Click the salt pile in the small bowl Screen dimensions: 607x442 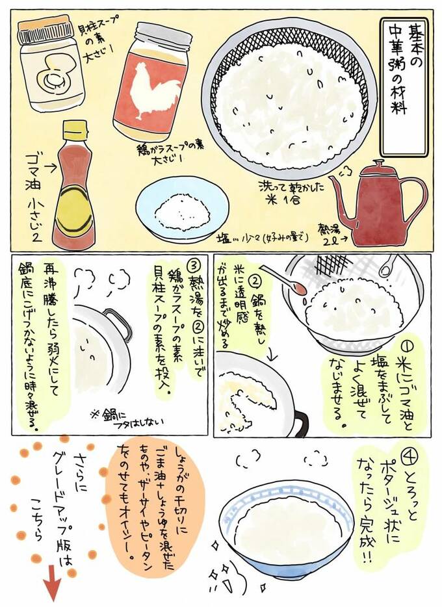[182, 210]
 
